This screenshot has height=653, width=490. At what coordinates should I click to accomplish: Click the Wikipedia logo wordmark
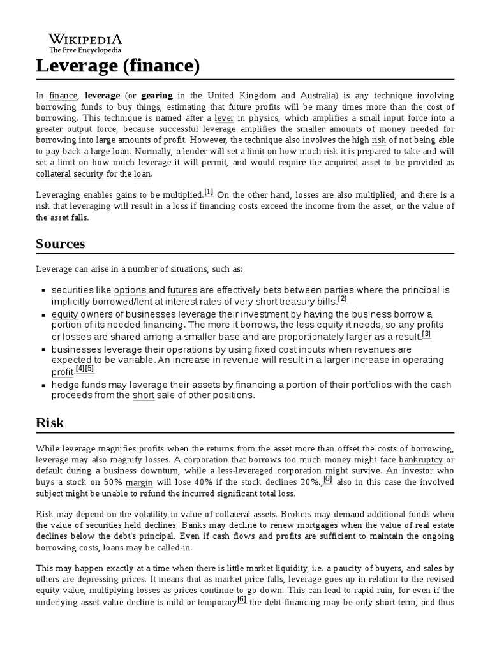(x=86, y=38)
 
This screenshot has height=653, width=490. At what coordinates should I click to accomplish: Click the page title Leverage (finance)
(x=118, y=65)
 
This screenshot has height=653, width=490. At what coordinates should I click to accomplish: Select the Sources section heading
(x=61, y=244)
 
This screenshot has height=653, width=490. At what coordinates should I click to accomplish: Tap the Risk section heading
(x=50, y=423)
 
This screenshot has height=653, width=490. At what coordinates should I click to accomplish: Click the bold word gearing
(x=157, y=95)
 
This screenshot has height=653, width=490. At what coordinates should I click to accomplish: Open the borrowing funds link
(x=69, y=106)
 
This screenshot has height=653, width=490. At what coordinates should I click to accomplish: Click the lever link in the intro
(x=224, y=118)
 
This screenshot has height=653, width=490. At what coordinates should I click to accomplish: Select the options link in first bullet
(x=130, y=290)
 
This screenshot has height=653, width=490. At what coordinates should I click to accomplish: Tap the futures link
(x=182, y=290)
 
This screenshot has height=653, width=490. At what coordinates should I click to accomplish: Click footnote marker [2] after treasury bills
(x=343, y=299)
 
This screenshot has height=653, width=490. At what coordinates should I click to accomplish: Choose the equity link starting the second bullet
(x=64, y=314)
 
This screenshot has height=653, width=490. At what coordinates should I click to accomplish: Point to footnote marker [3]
(x=426, y=334)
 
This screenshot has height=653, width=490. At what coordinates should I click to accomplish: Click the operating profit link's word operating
(x=423, y=360)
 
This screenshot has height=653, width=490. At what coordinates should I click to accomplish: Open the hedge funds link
(x=78, y=385)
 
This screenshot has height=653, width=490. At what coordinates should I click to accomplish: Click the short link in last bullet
(x=144, y=395)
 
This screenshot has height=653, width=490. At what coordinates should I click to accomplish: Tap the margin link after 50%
(x=139, y=482)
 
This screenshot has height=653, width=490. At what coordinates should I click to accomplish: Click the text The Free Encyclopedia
(x=86, y=49)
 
